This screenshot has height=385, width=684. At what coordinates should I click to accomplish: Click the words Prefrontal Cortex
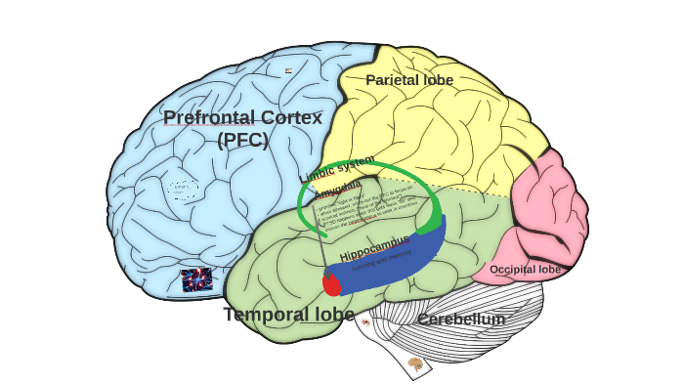(242, 117)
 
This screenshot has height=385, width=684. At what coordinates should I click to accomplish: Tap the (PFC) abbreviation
(242, 139)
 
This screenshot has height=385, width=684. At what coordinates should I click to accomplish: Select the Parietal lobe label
(409, 79)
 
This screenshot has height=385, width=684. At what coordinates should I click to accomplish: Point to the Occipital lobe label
(525, 269)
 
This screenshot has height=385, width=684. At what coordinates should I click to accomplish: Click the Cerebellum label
(461, 319)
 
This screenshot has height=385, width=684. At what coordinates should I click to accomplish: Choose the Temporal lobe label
(288, 314)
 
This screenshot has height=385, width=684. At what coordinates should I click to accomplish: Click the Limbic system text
(337, 168)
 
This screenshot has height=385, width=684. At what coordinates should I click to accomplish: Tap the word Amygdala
(338, 189)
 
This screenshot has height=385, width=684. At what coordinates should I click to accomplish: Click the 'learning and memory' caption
(381, 259)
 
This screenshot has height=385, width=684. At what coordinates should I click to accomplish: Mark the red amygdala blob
(332, 284)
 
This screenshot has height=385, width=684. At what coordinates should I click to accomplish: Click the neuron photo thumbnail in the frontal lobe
(196, 280)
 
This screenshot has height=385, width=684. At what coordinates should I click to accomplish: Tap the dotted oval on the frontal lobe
(182, 190)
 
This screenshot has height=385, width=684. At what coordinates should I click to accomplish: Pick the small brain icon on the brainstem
(415, 364)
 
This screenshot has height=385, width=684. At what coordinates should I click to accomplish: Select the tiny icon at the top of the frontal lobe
(288, 70)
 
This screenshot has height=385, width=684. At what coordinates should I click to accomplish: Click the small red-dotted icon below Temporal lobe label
(365, 321)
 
